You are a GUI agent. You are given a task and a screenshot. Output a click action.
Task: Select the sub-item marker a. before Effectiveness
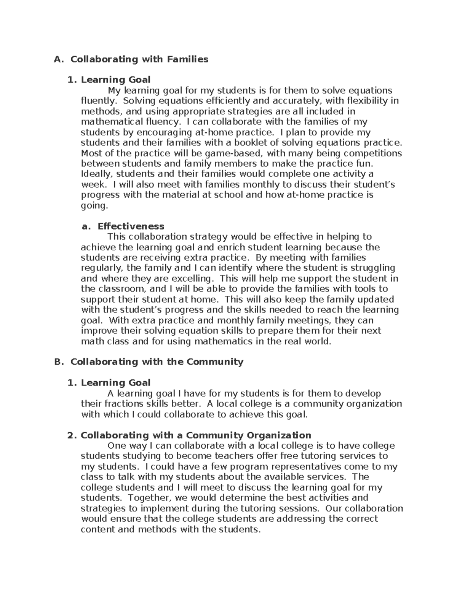(x=87, y=226)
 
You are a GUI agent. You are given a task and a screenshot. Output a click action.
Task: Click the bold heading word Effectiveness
(x=131, y=226)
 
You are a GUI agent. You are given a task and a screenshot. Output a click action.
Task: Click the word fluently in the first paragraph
(x=97, y=101)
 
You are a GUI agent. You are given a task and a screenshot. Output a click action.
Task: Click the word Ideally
(x=97, y=174)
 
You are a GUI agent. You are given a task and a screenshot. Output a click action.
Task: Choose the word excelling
(x=185, y=278)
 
